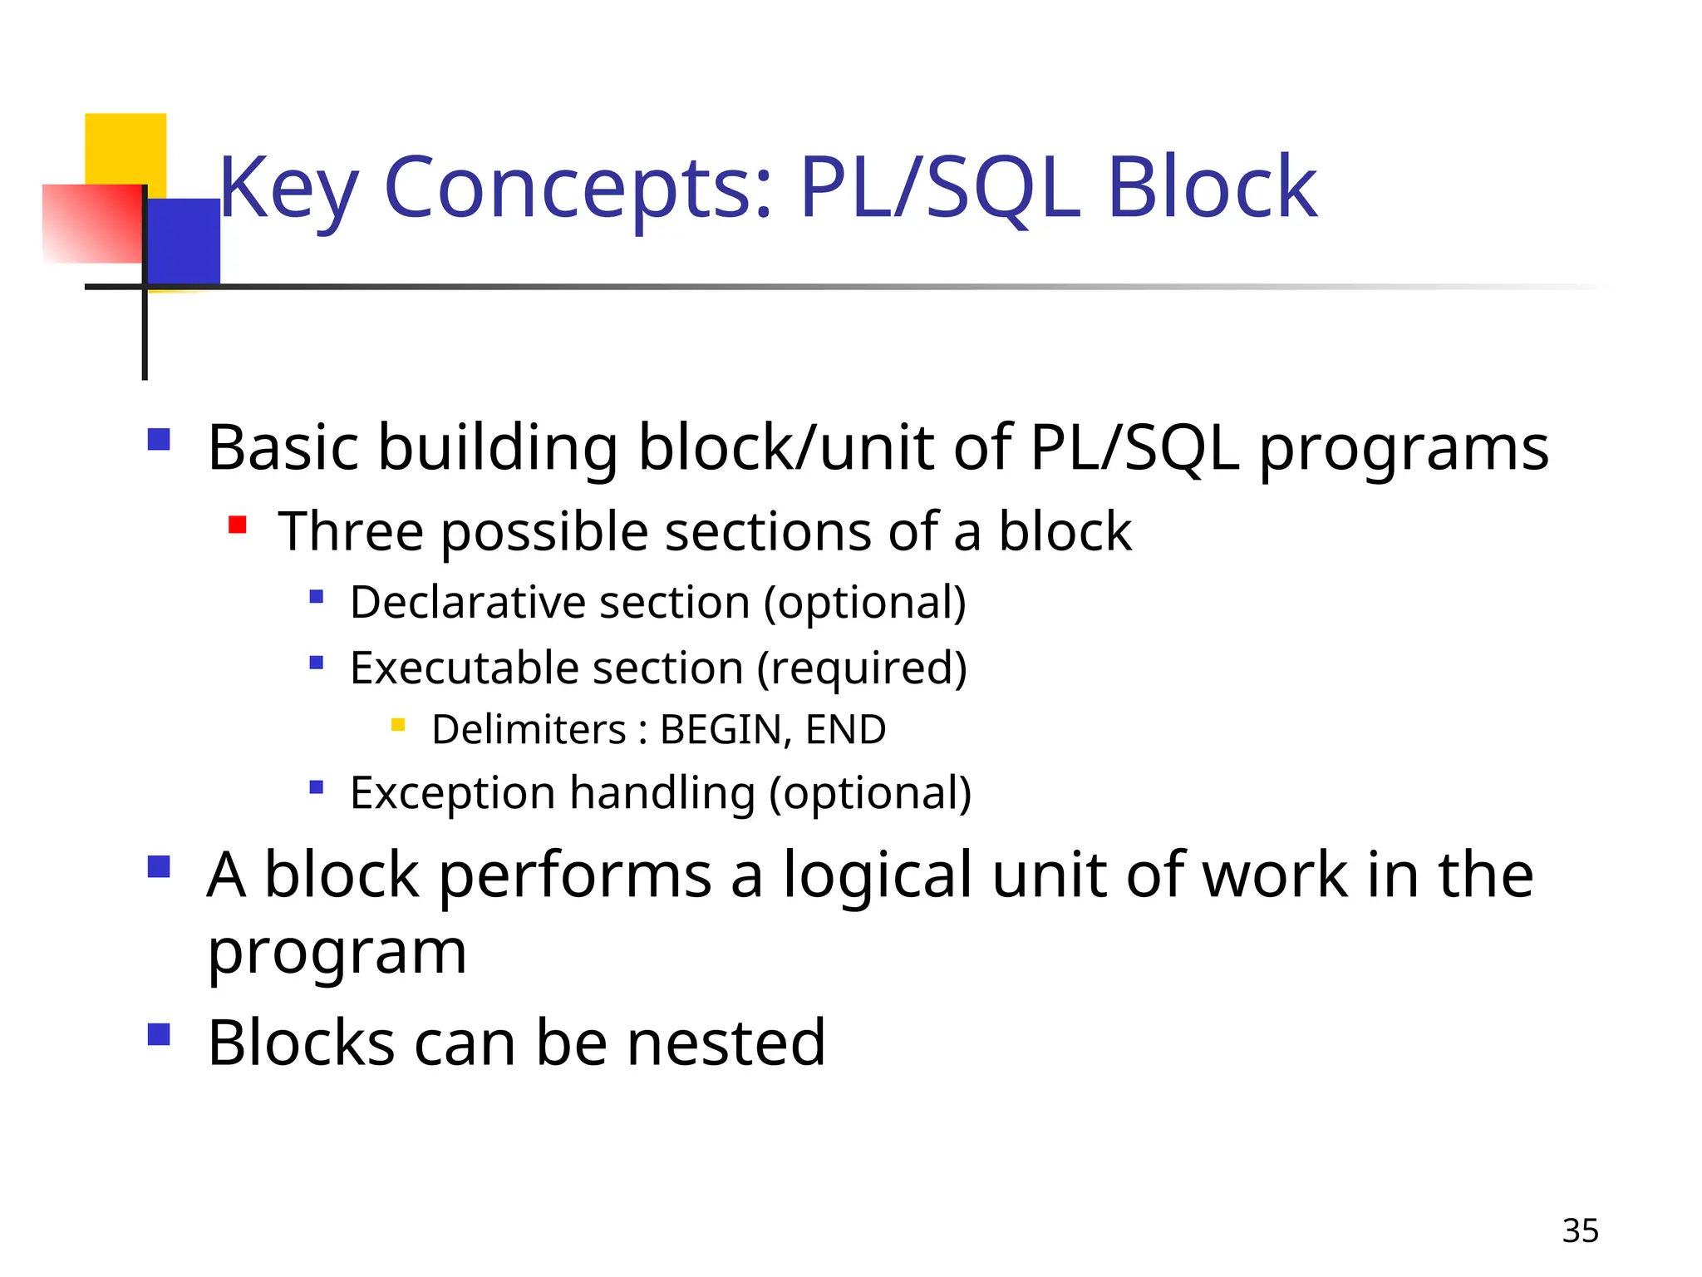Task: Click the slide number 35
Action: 1580,1230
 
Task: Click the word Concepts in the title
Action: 578,189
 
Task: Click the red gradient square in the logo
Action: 91,224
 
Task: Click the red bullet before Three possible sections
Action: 238,525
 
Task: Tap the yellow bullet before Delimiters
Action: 398,725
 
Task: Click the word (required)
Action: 862,668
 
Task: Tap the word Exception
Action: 452,792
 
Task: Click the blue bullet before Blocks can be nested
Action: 159,1034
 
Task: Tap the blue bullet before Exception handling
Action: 316,786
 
